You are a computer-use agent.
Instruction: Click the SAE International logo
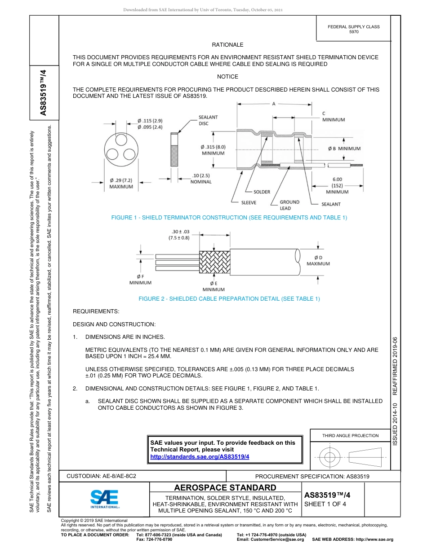pos(104,498)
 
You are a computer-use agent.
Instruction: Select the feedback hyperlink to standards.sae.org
pos(200,456)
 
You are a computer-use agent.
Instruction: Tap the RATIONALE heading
pos(227,45)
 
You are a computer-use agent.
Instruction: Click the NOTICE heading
pos(227,77)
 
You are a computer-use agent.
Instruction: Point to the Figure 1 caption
pos(229,218)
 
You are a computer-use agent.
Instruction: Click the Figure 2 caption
pos(229,299)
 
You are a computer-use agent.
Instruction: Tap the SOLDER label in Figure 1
pos(262,192)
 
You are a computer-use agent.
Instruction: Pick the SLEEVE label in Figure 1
pos(249,203)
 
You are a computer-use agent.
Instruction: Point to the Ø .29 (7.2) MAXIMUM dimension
pos(121,183)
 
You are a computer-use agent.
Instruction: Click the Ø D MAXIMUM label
pos(318,260)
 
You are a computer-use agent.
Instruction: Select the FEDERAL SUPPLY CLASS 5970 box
pos(353,29)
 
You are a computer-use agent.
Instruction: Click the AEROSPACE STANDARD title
pos(225,488)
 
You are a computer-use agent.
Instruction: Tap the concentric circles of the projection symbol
pos(330,457)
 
